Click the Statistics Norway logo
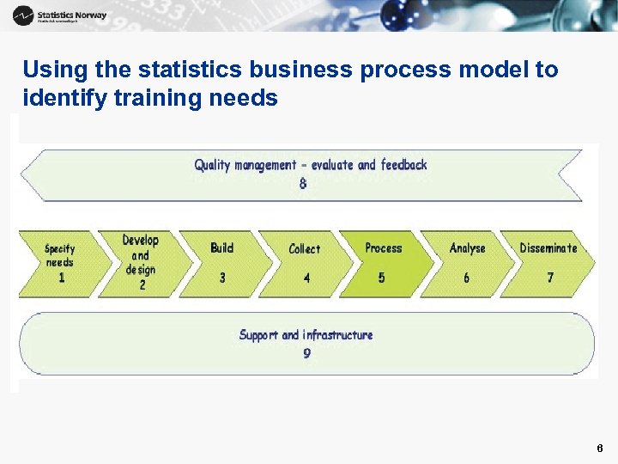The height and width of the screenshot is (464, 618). coord(59,15)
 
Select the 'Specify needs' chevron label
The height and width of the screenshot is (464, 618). coord(59,255)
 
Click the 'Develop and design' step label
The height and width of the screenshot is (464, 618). coord(140,254)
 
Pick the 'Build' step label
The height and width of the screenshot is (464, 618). coord(221,247)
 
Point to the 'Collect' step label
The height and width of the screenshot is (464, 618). coord(304,248)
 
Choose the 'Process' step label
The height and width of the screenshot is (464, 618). coord(383,247)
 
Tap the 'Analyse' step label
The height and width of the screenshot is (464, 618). coord(467,248)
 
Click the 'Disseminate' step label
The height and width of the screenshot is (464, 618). coord(548,247)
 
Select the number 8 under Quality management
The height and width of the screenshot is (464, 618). coord(303,183)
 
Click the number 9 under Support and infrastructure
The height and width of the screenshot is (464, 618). coord(306,353)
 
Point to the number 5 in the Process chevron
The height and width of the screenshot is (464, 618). coord(381,278)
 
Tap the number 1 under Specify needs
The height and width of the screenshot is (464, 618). coord(61,278)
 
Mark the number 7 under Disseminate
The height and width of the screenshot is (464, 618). coord(550,278)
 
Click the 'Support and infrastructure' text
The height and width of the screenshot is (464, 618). coord(306,334)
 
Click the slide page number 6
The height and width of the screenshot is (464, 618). coord(599,449)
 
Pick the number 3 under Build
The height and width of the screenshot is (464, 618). coord(222,278)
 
